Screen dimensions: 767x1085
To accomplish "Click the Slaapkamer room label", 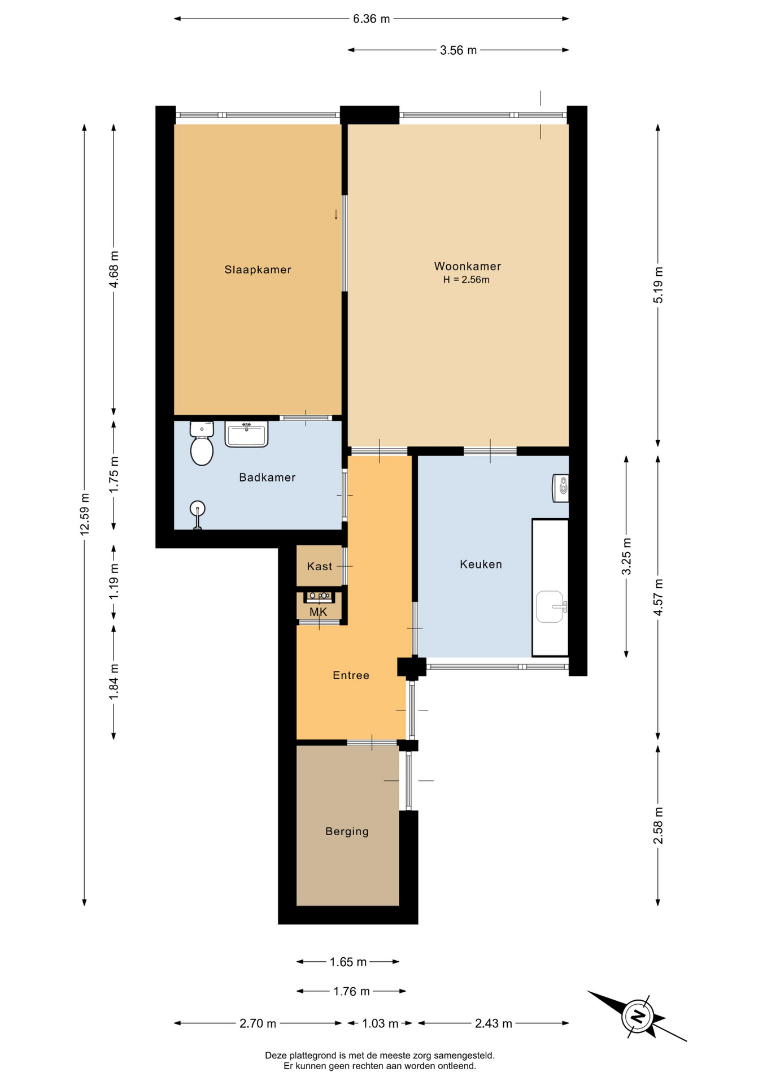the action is coord(258,270).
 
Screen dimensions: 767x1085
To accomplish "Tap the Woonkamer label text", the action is coord(467,266).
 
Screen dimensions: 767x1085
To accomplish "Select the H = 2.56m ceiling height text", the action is coord(466,280).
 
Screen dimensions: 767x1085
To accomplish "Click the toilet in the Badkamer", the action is coord(202,443).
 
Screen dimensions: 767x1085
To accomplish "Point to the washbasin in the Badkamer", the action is coord(246,434).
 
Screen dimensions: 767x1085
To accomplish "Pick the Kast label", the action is coord(320,566).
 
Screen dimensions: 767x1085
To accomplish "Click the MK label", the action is coord(318,612).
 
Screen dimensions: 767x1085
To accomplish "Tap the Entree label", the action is coord(351,675).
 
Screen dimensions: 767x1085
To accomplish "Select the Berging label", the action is coord(347,831).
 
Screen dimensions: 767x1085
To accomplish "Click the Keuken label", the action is coord(481,564).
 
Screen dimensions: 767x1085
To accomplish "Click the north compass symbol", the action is coord(637,1016).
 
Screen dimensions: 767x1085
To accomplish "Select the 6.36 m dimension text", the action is coord(371,19).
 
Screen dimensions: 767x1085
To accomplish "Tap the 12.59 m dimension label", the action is coord(85,514).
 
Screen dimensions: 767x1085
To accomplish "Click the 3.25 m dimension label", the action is coord(626,557).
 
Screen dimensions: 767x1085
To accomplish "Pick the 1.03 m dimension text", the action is coord(380,1023).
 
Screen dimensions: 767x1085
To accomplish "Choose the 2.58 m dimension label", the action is coord(658,826).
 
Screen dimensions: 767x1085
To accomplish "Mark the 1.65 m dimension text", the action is coord(348,962).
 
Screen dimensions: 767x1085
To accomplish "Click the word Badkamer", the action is coord(267,478).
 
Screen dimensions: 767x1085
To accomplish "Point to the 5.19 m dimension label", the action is coord(658,285).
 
